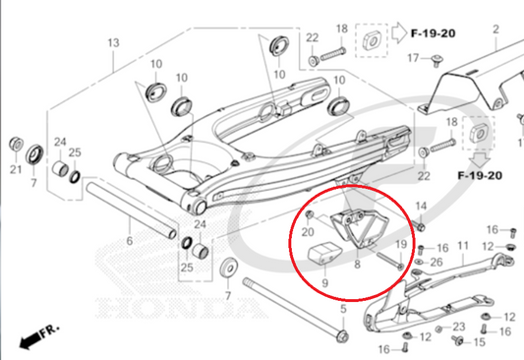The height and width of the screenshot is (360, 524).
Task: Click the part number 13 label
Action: (113, 42)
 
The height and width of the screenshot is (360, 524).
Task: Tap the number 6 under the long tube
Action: (130, 241)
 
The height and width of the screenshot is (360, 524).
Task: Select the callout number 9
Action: (324, 283)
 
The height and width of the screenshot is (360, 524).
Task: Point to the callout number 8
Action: (357, 264)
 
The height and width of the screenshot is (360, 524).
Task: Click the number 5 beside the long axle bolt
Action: (343, 309)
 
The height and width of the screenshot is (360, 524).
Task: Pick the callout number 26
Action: (437, 262)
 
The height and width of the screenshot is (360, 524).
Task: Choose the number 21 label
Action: (16, 169)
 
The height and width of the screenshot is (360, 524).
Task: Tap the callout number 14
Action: (421, 206)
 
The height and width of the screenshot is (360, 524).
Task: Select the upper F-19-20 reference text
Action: (433, 33)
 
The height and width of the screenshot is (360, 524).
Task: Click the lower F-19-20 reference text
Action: (480, 175)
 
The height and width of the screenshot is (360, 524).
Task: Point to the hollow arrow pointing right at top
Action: (399, 32)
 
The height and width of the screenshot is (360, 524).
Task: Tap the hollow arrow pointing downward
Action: (480, 160)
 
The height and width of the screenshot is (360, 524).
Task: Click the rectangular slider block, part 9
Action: (324, 255)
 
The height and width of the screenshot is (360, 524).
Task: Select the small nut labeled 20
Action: (310, 215)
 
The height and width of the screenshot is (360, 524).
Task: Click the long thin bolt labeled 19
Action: (390, 261)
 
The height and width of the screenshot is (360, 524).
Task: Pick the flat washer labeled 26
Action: (419, 261)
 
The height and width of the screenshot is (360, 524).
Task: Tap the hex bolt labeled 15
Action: (458, 340)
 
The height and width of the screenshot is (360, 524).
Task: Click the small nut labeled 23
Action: (438, 330)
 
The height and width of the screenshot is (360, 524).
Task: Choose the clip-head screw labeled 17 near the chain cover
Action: (437, 61)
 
